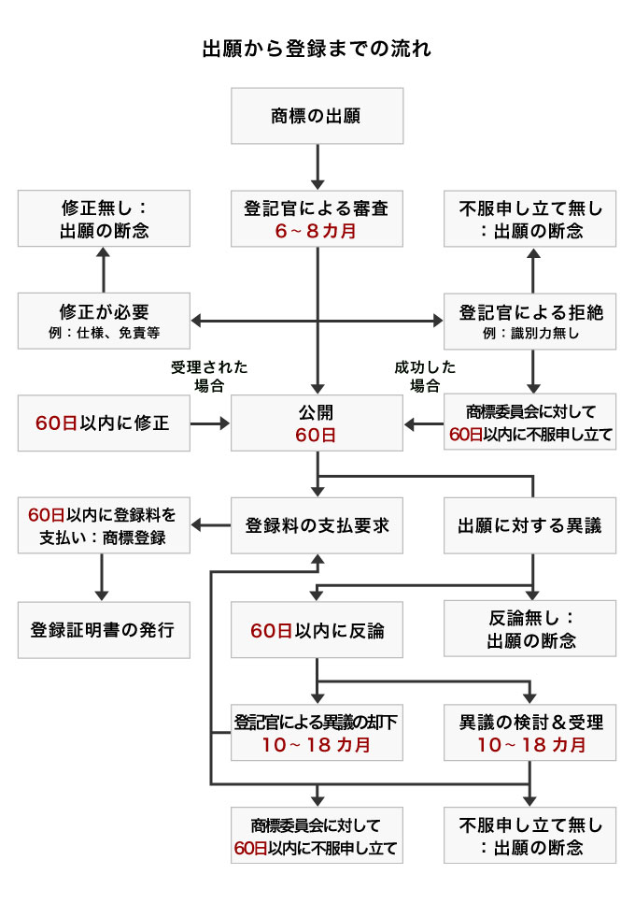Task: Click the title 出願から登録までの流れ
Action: pos(317,50)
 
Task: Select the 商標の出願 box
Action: pos(317,116)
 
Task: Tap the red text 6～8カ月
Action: pos(317,230)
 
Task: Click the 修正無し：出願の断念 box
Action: pos(104,219)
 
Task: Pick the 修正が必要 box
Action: pos(104,321)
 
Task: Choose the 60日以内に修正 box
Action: pos(104,423)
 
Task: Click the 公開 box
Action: pos(317,423)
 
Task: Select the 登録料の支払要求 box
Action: pos(317,525)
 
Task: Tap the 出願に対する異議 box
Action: pos(529,525)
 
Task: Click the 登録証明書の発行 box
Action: pos(104,629)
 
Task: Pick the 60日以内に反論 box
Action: pos(317,629)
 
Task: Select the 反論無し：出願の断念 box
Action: pos(529,629)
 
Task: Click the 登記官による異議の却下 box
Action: pos(317,732)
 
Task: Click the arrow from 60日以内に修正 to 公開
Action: pos(210,423)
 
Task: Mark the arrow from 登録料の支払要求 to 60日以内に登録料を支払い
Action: pos(210,525)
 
